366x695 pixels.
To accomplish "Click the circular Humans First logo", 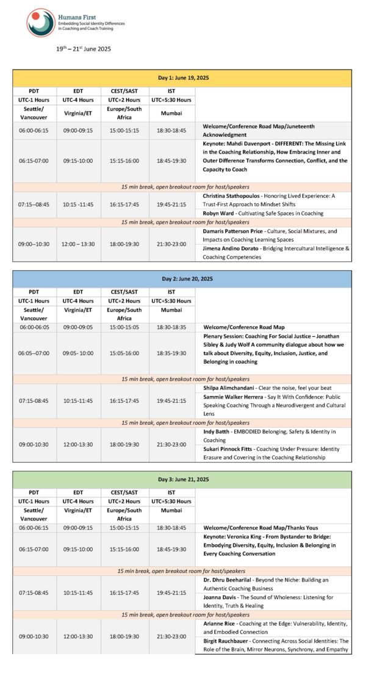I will (41, 23).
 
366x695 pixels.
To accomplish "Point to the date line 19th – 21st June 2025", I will (84, 48).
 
